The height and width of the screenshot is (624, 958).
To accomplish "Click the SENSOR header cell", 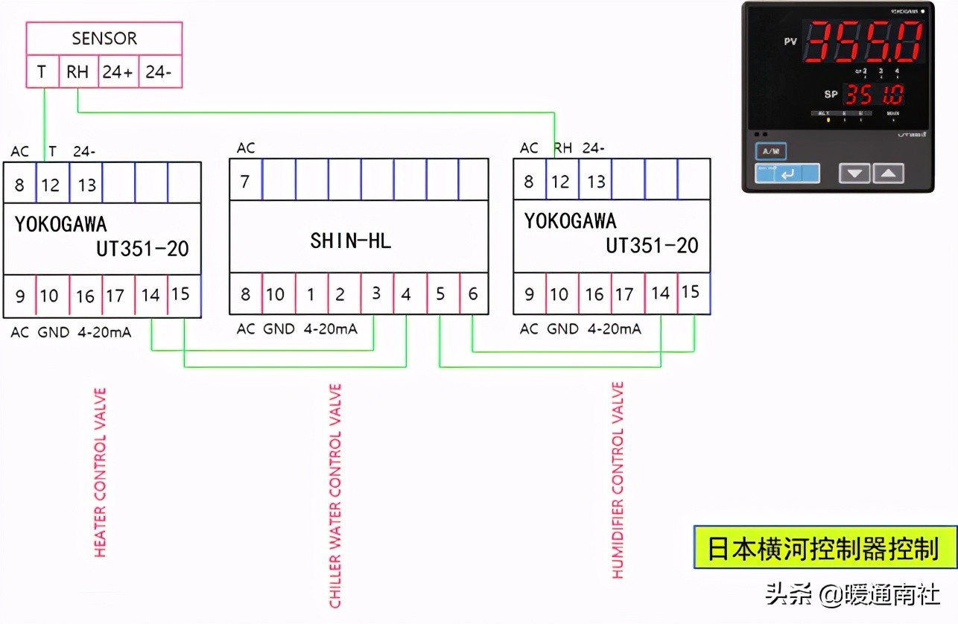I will pos(104,38).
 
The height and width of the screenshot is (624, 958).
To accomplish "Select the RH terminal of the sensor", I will pos(77,72).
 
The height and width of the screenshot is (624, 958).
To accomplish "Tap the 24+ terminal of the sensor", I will pos(118,72).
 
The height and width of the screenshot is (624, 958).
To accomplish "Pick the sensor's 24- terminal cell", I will pos(159,72).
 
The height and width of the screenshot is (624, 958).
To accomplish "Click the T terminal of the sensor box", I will pos(42,72).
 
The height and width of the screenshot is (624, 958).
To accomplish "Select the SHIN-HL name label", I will pos(350,241).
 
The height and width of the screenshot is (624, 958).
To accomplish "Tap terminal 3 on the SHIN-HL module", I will pos(377,294).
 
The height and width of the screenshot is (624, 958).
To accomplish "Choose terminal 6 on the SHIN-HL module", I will pos(473,294).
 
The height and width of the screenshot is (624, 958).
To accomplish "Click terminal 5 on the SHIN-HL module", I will pos(441,294).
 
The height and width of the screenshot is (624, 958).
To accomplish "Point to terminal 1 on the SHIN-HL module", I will pos(311,294).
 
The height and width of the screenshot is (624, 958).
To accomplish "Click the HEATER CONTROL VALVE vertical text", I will pos(100,472).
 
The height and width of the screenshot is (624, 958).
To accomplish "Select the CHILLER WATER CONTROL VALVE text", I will pos(335,495).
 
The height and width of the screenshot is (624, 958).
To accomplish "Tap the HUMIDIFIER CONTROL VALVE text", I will pos(618,480).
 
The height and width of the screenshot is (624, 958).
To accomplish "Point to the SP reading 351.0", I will pos(873,95).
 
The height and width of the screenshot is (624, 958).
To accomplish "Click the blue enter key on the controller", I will pos(787,173).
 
